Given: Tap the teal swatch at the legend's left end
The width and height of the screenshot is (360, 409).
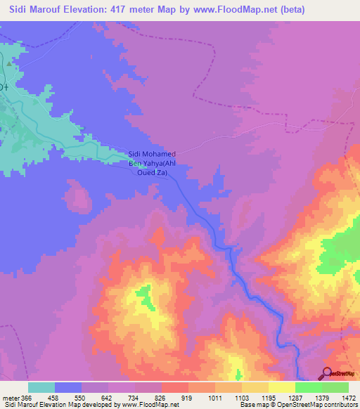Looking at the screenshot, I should tap(41, 387).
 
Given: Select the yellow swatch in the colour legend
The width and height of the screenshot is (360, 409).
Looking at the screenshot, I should tap(281, 387).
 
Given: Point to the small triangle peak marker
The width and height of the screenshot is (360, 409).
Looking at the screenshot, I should tap(9, 63).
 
